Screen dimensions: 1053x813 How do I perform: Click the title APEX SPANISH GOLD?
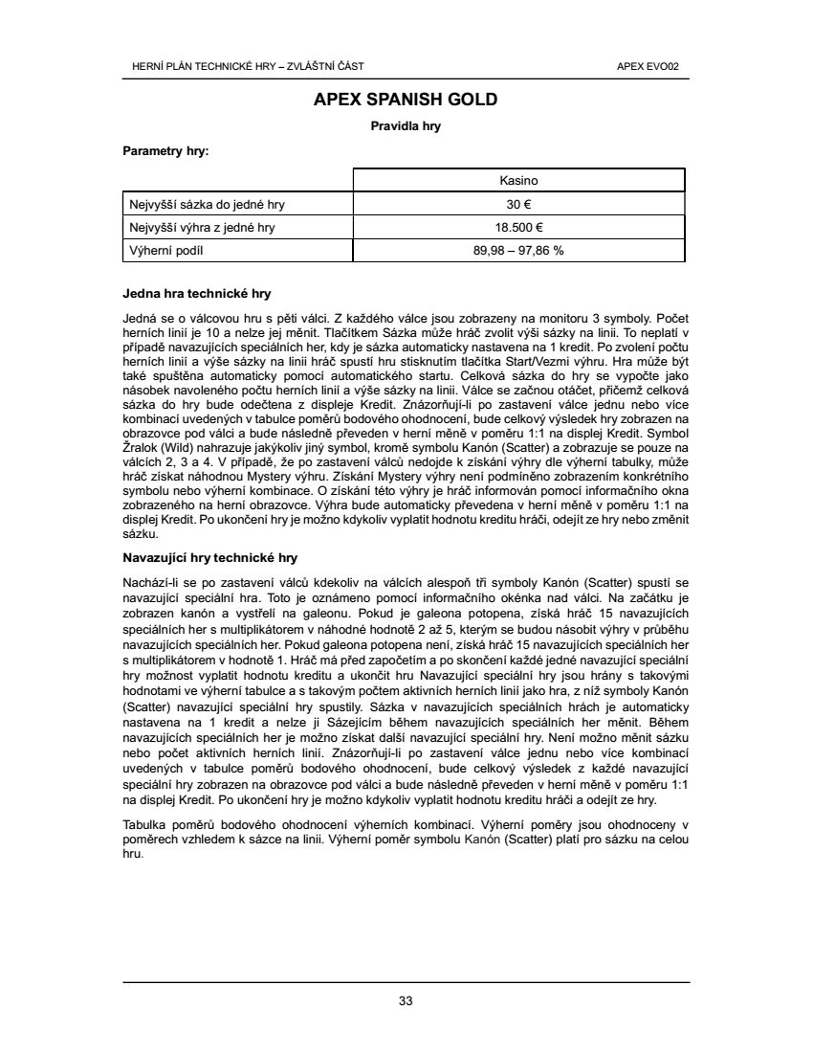coord(406,100)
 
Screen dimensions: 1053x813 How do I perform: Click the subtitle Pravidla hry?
coord(406,125)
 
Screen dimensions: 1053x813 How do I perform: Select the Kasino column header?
coord(519,180)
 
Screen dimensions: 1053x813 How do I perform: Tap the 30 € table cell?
coord(519,204)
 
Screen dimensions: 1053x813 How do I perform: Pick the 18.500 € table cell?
coord(519,228)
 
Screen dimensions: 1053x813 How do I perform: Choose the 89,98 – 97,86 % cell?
coord(519,251)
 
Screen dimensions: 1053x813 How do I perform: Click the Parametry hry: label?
coord(165,150)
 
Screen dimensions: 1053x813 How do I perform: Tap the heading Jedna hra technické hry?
coord(197,293)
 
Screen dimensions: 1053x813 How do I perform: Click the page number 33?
coord(406,1001)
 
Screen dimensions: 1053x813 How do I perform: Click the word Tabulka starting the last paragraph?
coord(145,825)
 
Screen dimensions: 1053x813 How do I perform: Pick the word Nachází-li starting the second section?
coord(147,582)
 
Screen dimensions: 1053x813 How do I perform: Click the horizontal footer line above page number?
coord(406,982)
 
